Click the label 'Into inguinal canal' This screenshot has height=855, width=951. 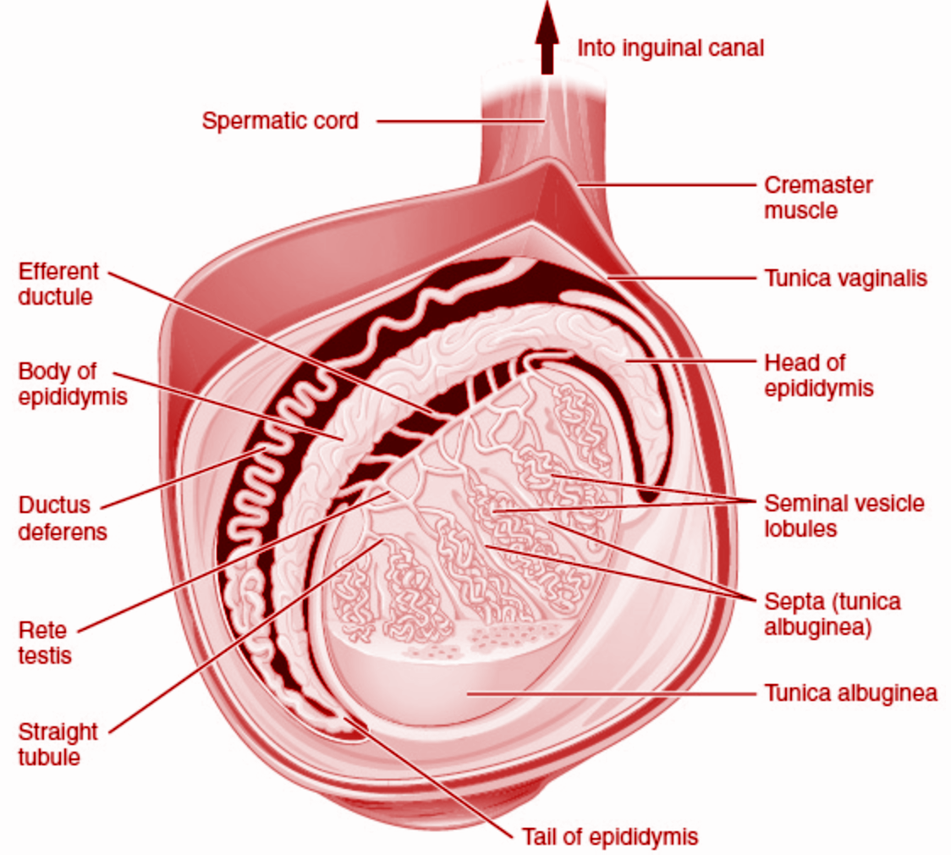670,47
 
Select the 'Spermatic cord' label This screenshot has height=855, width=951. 280,121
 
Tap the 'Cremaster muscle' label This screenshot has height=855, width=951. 817,197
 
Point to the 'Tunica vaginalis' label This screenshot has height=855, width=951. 845,278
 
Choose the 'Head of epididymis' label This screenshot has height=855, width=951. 817,375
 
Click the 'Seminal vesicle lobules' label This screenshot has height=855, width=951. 844,516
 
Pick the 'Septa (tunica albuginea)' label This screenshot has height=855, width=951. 832,615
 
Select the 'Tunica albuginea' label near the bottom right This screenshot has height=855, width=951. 850,693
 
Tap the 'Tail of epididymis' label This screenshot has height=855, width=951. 609,837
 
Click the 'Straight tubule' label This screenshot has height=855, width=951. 58,743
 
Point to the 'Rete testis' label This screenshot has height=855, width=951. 44,643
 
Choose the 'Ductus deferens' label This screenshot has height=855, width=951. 62,518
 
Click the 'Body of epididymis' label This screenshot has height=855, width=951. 72,383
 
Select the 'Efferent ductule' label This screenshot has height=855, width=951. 58,284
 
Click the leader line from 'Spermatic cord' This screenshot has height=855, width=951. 457,121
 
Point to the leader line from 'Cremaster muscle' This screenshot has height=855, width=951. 668,185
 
